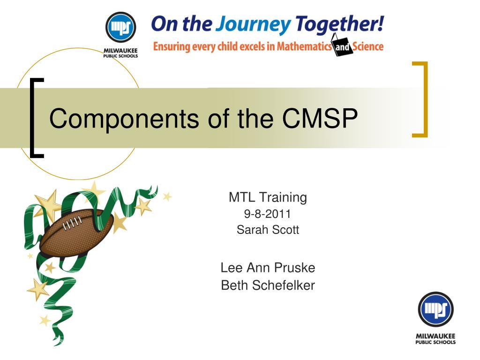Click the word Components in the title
[124, 119]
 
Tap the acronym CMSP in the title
[320, 118]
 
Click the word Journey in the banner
[253, 24]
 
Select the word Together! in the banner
[340, 24]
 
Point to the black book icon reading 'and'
[342, 46]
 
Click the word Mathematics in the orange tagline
[304, 46]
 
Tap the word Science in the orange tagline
[368, 46]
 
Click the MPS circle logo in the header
[120, 27]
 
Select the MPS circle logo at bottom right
[435, 309]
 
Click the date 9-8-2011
[267, 214]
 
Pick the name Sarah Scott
[268, 230]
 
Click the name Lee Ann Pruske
[268, 268]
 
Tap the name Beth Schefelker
[268, 285]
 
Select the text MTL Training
[268, 197]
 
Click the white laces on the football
[72, 222]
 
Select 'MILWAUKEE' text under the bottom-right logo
[435, 336]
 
